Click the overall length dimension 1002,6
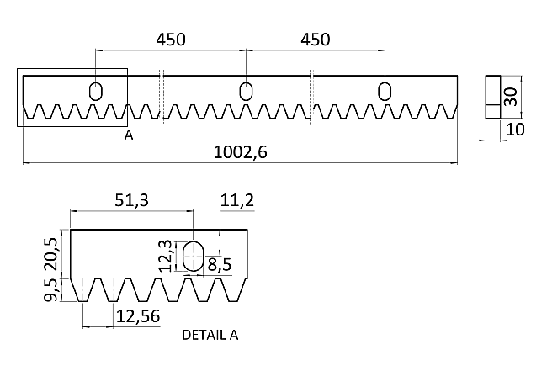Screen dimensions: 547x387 pyautogui.click(x=240, y=152)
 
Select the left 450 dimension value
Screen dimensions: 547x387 pyautogui.click(x=171, y=40)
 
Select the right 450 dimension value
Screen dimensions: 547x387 pyautogui.click(x=315, y=40)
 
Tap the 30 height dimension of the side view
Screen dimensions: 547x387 pyautogui.click(x=511, y=97)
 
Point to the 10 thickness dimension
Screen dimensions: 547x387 pyautogui.click(x=515, y=130)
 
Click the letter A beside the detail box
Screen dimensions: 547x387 pyautogui.click(x=129, y=135)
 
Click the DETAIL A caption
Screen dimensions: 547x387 pyautogui.click(x=210, y=335)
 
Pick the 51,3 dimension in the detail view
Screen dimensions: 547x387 pyautogui.click(x=132, y=200)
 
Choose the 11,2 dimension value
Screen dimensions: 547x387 pyautogui.click(x=237, y=200)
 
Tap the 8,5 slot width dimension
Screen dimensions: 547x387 pyautogui.click(x=220, y=265)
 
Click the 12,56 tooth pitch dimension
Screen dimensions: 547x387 pyautogui.click(x=138, y=316)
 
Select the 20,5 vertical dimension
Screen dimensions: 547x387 pyautogui.click(x=51, y=254)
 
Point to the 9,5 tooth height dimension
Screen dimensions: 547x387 pyautogui.click(x=51, y=289)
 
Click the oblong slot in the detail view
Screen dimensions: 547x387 pyautogui.click(x=194, y=255)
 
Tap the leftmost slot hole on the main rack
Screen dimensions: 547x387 pyautogui.click(x=96, y=92)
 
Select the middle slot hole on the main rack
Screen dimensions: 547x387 pyautogui.click(x=246, y=92)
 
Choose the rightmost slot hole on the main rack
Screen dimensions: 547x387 pyautogui.click(x=385, y=92)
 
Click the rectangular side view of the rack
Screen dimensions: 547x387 pyautogui.click(x=493, y=97)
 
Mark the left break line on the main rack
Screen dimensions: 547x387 pyautogui.click(x=162, y=96)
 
